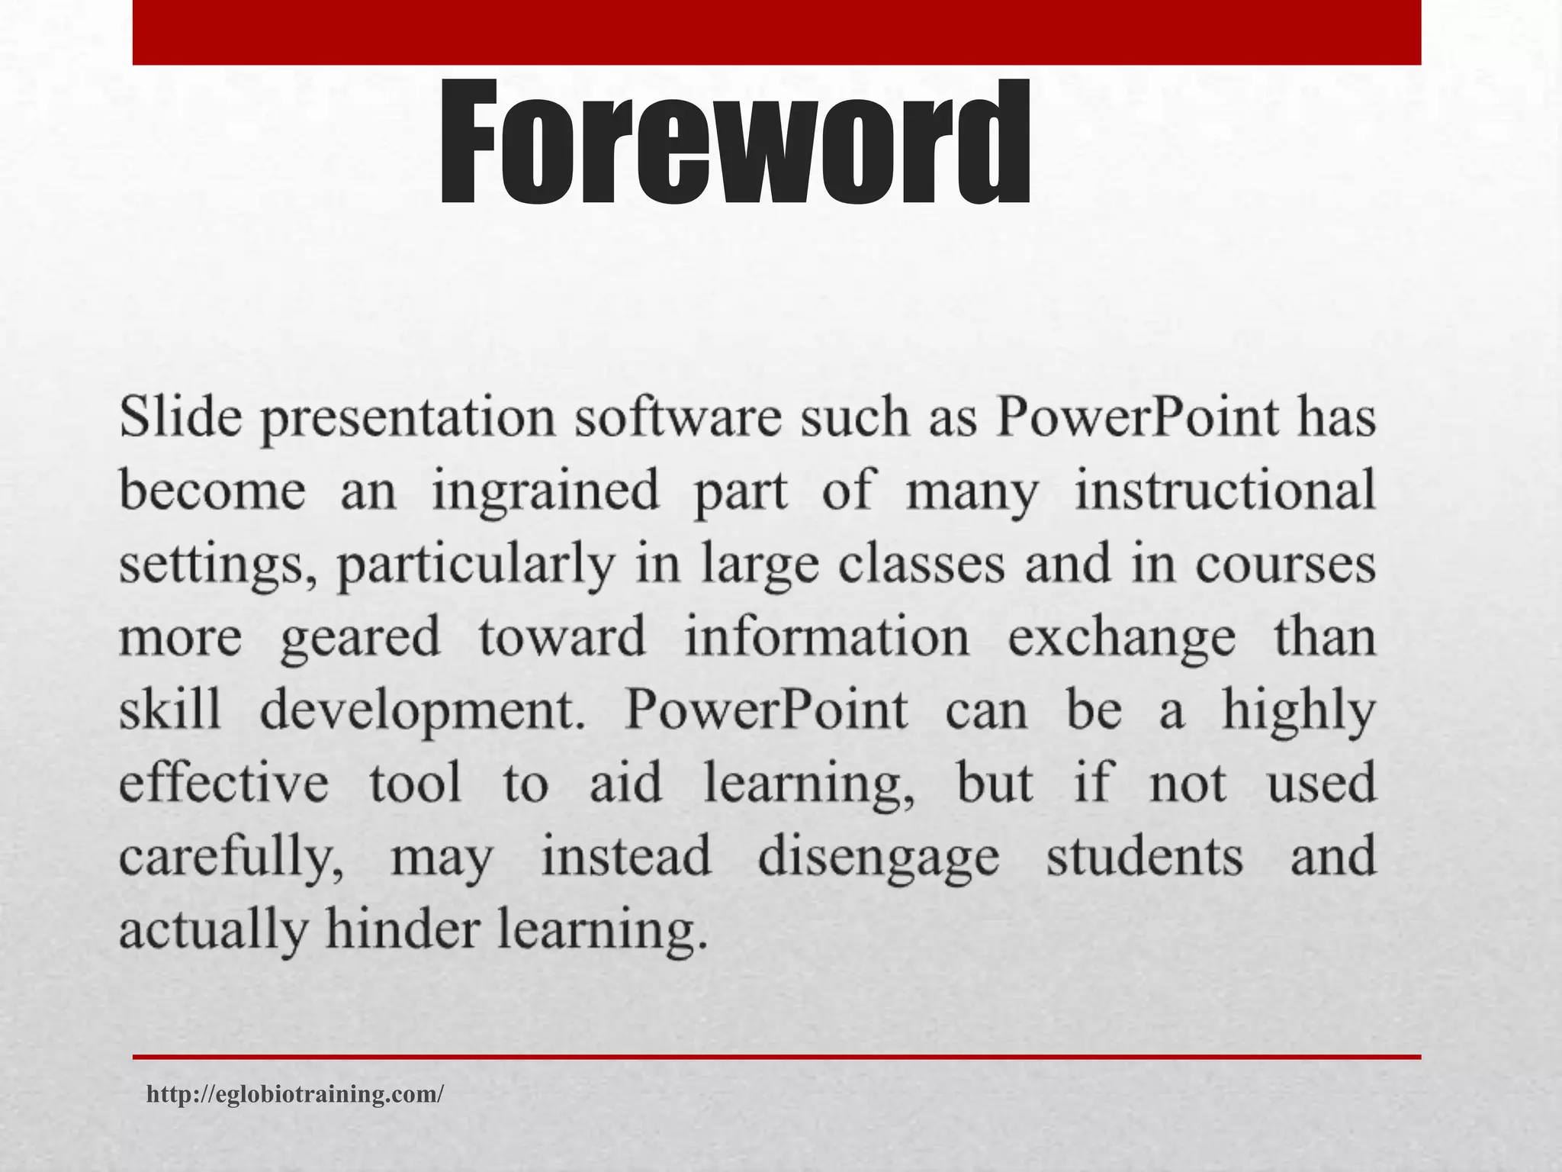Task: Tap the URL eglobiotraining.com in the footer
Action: point(294,1094)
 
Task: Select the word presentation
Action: point(408,420)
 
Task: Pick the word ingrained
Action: point(545,492)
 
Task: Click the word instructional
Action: point(1225,489)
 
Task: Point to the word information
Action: point(827,636)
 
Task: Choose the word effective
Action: point(224,783)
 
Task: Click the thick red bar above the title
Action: point(776,32)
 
